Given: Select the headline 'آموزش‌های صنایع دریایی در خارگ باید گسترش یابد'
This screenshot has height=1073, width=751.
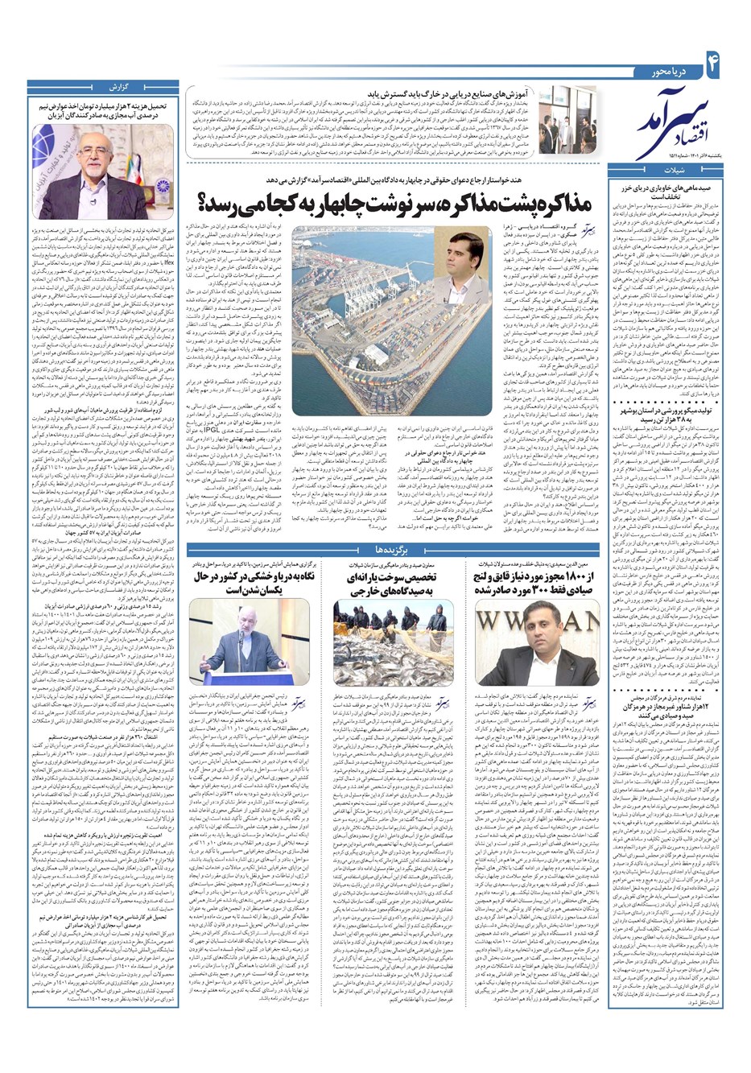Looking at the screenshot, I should coord(435,93).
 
